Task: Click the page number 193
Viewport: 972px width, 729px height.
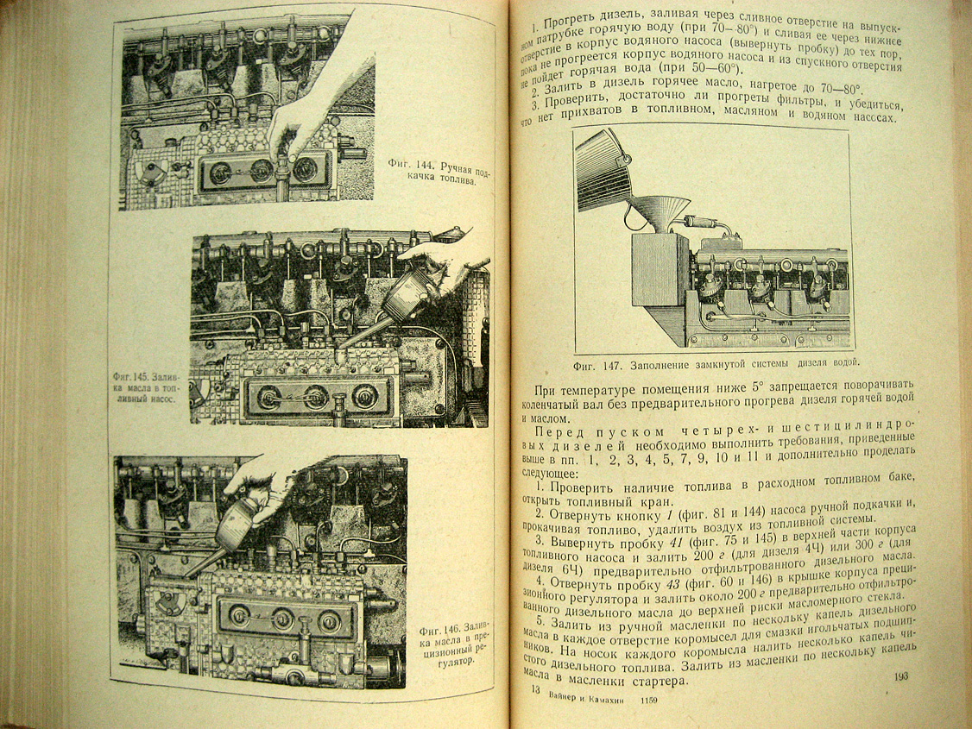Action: pyautogui.click(x=901, y=676)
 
